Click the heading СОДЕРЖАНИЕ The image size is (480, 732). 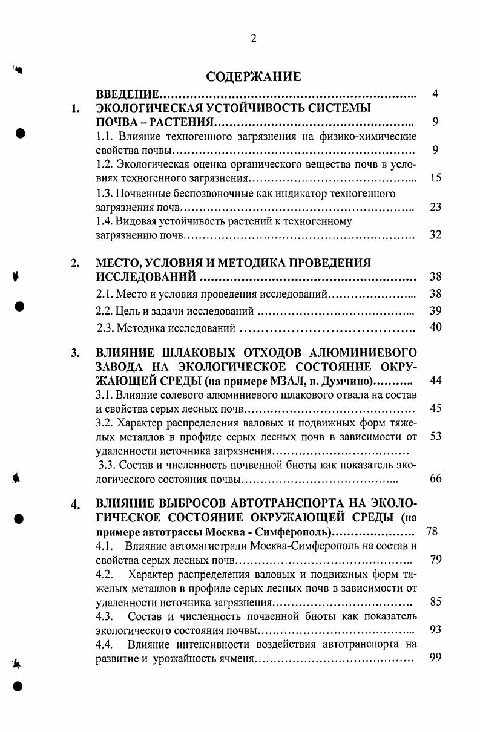[253, 77]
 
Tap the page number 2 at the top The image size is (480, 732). [254, 39]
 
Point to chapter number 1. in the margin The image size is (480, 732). [75, 109]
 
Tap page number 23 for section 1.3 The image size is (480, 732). [435, 207]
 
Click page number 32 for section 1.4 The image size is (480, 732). [435, 235]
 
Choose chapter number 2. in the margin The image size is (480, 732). [75, 263]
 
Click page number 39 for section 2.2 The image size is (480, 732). [435, 310]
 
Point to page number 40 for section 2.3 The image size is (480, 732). [435, 327]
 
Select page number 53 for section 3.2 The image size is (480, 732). [435, 436]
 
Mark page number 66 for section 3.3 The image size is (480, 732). [435, 479]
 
